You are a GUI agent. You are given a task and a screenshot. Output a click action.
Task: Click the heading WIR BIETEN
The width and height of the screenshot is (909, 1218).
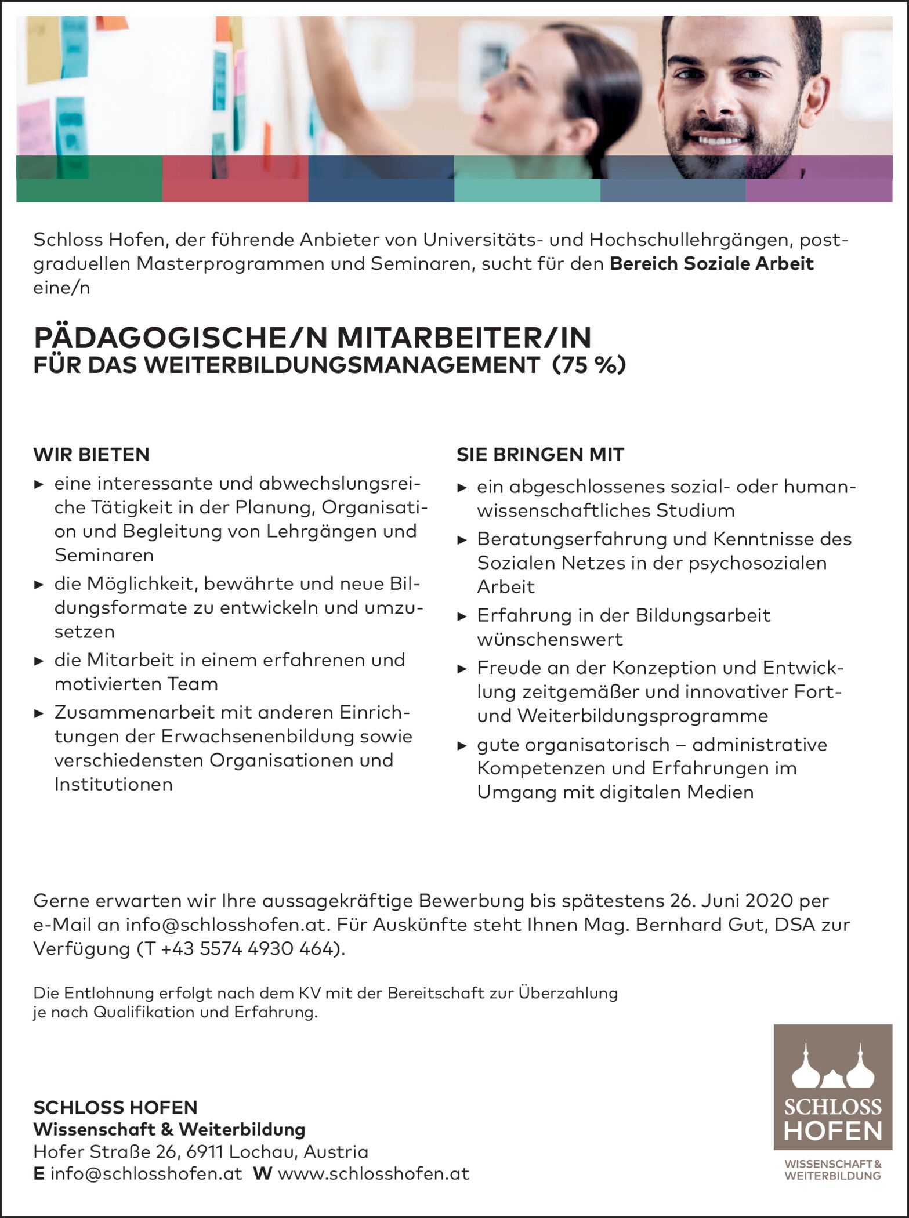(x=91, y=454)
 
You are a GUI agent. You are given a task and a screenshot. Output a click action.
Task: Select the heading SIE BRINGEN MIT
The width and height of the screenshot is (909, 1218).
(x=540, y=455)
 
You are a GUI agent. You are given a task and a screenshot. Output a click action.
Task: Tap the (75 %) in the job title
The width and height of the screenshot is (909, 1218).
(x=589, y=365)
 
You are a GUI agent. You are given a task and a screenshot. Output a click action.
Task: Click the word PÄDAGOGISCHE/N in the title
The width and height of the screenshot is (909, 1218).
(x=175, y=337)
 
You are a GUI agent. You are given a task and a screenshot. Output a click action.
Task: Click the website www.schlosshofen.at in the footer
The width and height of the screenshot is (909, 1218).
(x=374, y=1173)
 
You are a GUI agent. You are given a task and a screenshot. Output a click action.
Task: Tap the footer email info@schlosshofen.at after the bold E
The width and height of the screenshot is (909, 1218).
(x=146, y=1173)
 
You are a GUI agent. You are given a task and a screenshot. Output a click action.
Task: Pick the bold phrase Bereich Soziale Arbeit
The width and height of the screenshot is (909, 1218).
(x=712, y=263)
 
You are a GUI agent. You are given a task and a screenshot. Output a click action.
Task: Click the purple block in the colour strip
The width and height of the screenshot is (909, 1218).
(x=819, y=180)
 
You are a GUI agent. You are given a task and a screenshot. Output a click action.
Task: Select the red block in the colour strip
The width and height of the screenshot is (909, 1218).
(x=235, y=180)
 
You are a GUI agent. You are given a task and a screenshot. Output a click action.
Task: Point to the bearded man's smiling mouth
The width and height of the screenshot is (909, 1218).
(x=719, y=140)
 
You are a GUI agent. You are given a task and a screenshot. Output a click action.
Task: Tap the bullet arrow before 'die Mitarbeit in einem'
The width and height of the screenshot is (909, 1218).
(x=39, y=661)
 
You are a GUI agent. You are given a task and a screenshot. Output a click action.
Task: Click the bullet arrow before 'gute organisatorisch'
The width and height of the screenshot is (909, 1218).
(x=462, y=745)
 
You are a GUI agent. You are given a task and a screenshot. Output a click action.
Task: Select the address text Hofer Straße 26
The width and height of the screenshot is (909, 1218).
(x=109, y=1151)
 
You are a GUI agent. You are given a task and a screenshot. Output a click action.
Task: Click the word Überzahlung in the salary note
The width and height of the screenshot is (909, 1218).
(x=568, y=993)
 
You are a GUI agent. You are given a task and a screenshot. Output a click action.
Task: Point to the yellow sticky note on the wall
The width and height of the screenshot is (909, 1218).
(x=42, y=49)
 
